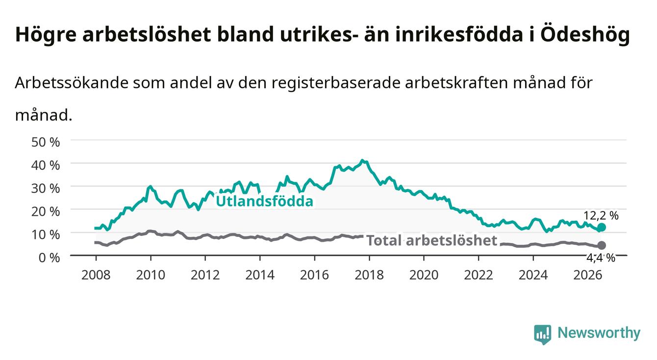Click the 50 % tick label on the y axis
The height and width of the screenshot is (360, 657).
(46, 142)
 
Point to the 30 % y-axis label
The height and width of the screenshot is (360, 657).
(46, 188)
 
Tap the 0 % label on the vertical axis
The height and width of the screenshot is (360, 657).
(49, 258)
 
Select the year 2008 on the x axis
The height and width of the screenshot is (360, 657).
(96, 275)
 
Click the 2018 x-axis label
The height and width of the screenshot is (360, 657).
(369, 275)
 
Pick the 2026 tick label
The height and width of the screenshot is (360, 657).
(588, 275)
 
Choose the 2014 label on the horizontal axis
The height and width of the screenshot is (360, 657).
(260, 275)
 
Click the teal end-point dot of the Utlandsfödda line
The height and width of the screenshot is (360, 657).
(602, 227)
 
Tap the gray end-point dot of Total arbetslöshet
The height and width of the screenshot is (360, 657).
(602, 245)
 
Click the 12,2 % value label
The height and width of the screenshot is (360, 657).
(601, 216)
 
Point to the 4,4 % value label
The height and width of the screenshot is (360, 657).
(601, 258)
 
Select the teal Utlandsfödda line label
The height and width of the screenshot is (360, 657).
(265, 201)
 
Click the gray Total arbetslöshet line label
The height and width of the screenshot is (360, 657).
(432, 241)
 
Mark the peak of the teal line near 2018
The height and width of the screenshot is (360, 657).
(363, 160)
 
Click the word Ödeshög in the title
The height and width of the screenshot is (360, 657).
(585, 35)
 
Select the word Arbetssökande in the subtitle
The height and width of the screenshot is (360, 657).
(72, 83)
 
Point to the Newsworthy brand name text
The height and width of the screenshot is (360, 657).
(599, 333)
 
